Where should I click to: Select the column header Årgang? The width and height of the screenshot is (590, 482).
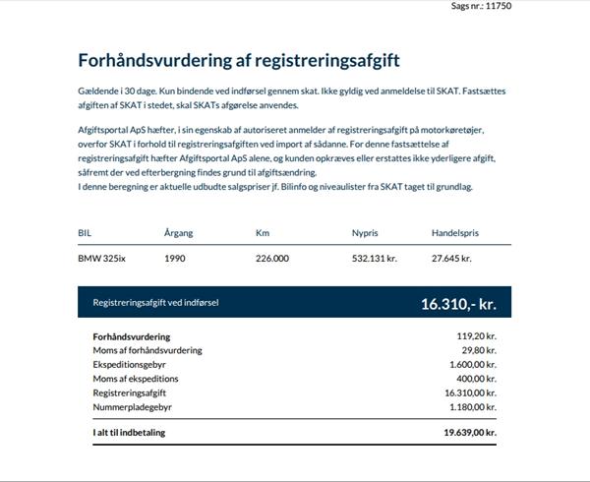pos(179,233)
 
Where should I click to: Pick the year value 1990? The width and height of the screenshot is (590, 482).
pos(175,259)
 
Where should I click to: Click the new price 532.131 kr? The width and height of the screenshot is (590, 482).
pos(374,259)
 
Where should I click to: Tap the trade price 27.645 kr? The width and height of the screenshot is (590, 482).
pos(452,259)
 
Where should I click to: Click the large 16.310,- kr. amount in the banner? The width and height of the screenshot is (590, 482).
pos(458,304)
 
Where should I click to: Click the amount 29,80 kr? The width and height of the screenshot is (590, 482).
pos(479,350)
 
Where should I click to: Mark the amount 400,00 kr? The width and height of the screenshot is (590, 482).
pos(477,378)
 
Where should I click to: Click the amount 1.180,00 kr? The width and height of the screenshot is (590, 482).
pos(472,405)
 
